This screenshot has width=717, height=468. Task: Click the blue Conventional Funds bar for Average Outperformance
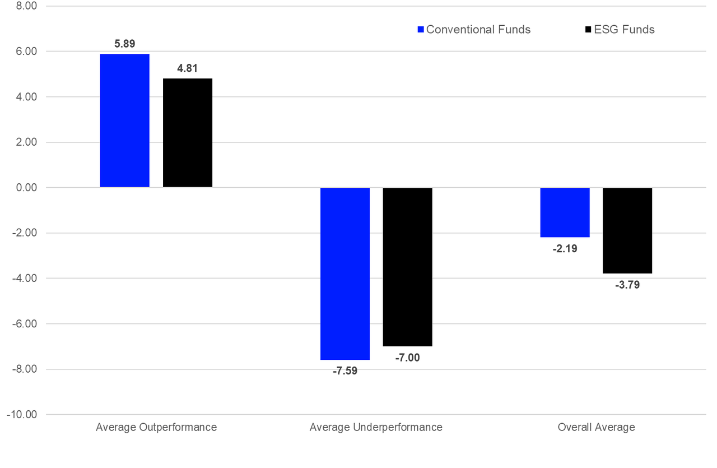pos(125,121)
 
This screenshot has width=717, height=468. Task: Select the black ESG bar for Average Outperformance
pos(188,133)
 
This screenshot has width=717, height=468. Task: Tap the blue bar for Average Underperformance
pos(345,274)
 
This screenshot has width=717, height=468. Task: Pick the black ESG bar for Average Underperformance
pos(408,267)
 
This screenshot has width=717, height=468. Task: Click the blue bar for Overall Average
pos(565,212)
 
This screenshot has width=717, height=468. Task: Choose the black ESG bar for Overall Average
pos(627,230)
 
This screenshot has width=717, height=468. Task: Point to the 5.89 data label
pos(125,43)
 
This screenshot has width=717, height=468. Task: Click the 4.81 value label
pos(188,68)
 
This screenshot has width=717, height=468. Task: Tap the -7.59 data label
pos(344,370)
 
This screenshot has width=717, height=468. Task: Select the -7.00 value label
pos(407,358)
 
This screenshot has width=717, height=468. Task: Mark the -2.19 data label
pos(565,248)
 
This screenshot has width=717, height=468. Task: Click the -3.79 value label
pos(627,285)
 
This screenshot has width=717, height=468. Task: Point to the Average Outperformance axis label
pos(156,427)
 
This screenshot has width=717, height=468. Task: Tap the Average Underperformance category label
pos(376,427)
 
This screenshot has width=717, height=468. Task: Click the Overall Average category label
pos(596,427)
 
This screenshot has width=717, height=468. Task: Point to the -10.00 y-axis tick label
pos(21,415)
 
